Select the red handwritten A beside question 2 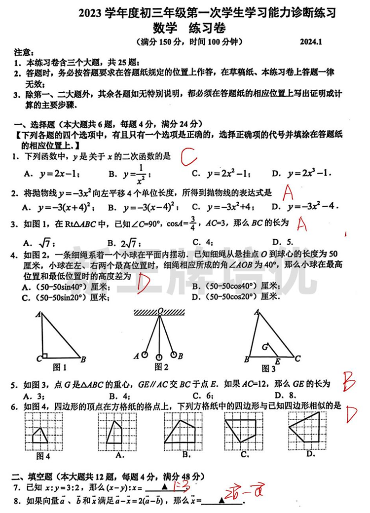[289, 190]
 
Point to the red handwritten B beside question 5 [349, 383]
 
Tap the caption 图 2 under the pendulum [161, 366]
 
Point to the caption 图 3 [268, 368]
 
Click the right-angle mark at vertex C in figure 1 [44, 356]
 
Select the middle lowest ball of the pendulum [159, 357]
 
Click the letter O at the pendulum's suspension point [160, 311]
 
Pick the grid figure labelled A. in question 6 [116, 434]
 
